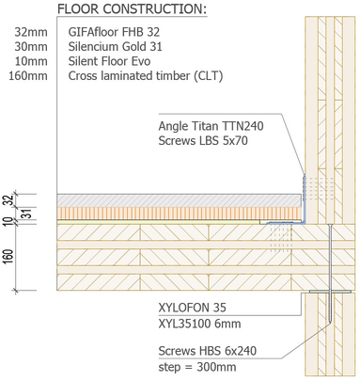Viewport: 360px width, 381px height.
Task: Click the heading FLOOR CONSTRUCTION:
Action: [132, 9]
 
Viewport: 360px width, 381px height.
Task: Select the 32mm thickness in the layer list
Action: [31, 32]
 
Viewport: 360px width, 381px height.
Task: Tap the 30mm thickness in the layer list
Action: [31, 47]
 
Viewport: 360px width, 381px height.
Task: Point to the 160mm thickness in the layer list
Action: [28, 76]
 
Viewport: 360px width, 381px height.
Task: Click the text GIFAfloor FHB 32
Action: [114, 32]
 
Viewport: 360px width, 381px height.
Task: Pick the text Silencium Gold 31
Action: [116, 47]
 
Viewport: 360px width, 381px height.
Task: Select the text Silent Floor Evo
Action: [109, 61]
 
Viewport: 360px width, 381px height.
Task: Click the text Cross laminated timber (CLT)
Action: [146, 76]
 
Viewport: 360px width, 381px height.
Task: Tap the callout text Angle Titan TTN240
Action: [211, 126]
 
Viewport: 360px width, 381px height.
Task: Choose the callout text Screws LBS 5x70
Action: [203, 141]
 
